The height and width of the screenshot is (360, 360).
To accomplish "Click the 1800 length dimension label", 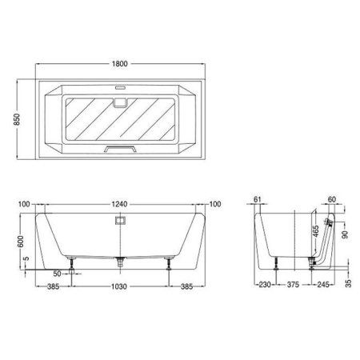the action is [x=120, y=64].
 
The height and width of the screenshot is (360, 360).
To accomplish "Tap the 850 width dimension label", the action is [x=17, y=119].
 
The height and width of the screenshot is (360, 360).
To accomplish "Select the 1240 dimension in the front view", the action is [x=119, y=205].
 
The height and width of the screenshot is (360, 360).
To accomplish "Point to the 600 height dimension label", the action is [x=21, y=242].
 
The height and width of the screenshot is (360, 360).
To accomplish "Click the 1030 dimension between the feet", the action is [x=119, y=286].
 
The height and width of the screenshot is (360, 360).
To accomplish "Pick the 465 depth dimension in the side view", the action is [x=316, y=231].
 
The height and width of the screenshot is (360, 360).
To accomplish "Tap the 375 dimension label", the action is [x=293, y=285].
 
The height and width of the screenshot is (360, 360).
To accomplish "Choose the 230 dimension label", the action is [x=265, y=285].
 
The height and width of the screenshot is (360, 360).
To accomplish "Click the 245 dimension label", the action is [x=323, y=285].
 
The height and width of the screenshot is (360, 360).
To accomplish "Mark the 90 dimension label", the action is [x=345, y=234].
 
